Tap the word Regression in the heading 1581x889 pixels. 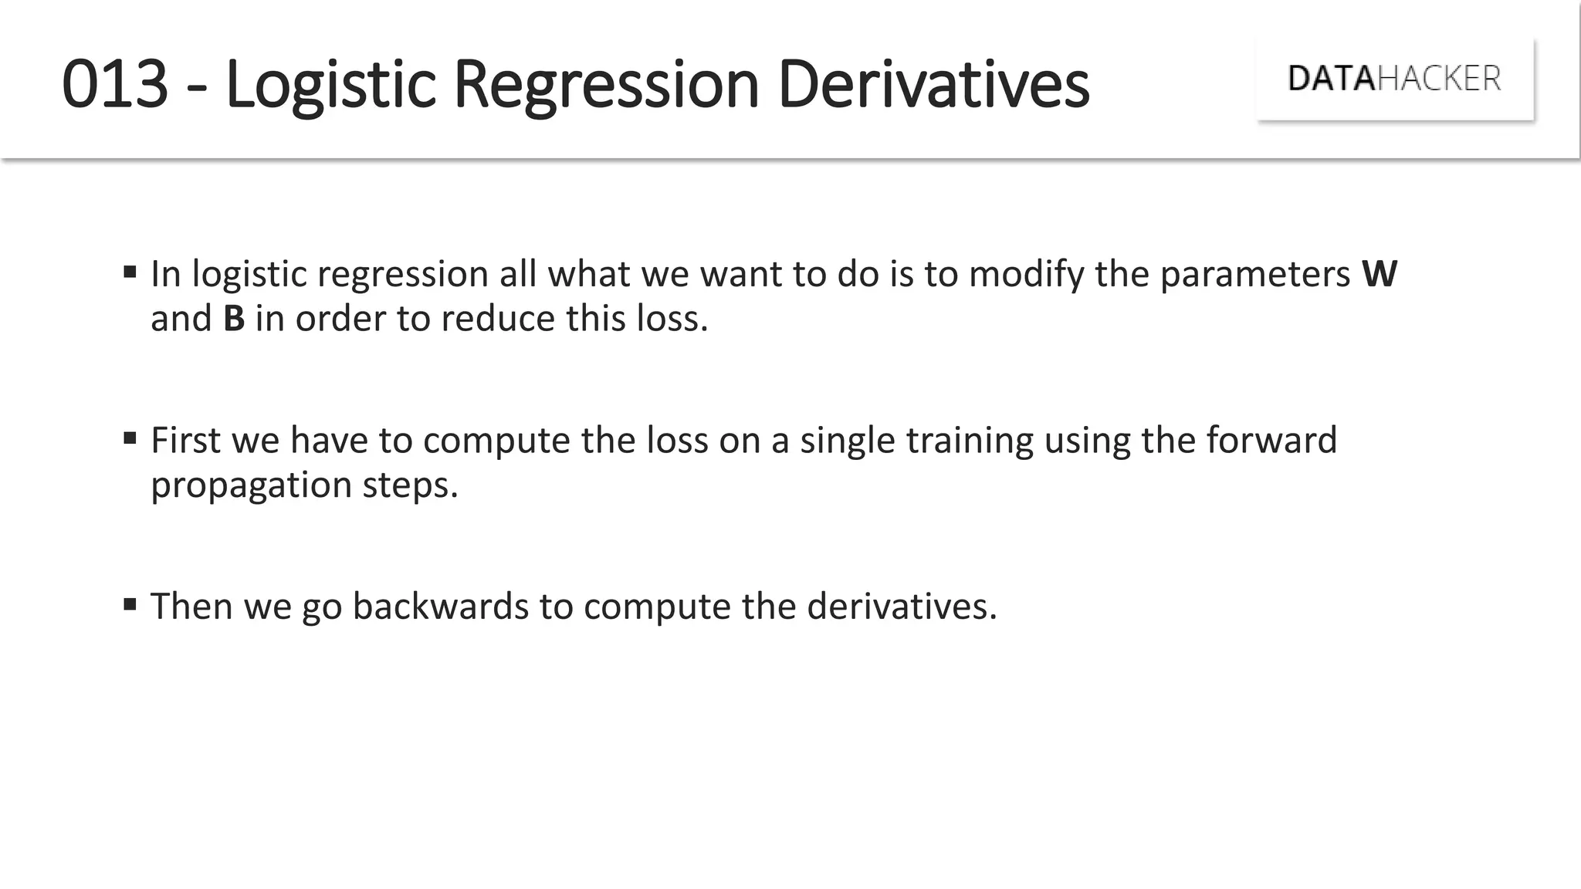pyautogui.click(x=606, y=85)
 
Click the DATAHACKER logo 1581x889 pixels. pyautogui.click(x=1394, y=79)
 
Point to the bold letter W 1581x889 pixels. pyautogui.click(x=1380, y=274)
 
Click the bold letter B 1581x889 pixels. pyautogui.click(x=234, y=319)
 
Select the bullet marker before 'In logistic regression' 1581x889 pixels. pyautogui.click(x=130, y=272)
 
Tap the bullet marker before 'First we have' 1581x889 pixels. pyautogui.click(x=130, y=438)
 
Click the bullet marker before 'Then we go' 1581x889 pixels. pyautogui.click(x=130, y=604)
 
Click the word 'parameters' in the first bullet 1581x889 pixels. pyautogui.click(x=1254, y=275)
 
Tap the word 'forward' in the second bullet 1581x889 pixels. pyautogui.click(x=1271, y=440)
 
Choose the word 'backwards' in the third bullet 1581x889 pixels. pyautogui.click(x=440, y=607)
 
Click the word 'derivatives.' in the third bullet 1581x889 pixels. pyautogui.click(x=902, y=607)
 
